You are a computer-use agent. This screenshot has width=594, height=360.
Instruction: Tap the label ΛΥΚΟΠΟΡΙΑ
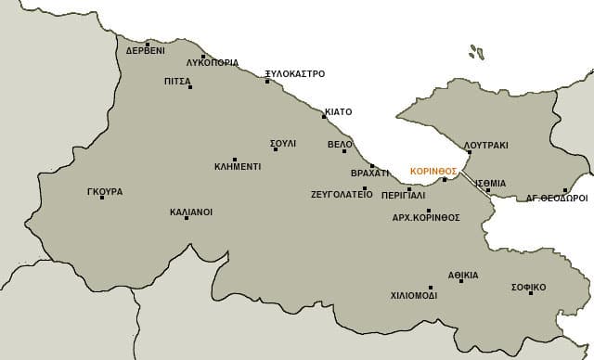point(213,63)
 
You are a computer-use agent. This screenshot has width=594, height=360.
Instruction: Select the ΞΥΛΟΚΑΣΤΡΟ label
point(294,73)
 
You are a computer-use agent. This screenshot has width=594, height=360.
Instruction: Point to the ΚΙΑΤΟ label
point(339,112)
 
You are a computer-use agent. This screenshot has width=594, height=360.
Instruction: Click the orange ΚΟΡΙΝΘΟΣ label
point(433,172)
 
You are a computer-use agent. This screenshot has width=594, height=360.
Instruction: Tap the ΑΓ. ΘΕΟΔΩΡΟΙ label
point(557,199)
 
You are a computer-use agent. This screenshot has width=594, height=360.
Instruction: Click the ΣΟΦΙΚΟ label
point(528,288)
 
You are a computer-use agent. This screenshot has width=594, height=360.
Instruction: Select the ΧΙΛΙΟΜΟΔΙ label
point(414,296)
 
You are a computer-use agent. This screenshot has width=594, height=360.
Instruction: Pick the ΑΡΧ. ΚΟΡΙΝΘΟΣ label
point(426,217)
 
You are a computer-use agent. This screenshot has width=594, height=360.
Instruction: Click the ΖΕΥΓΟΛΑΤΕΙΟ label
point(342,196)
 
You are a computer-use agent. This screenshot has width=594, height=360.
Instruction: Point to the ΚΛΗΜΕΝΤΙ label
point(237,167)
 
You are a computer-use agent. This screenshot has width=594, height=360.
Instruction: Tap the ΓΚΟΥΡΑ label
point(104,192)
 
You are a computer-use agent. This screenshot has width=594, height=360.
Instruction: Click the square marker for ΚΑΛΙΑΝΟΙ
point(187,218)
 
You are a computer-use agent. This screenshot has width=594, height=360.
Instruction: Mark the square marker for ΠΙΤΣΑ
point(189,87)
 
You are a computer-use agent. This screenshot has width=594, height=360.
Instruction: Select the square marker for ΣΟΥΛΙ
point(275,149)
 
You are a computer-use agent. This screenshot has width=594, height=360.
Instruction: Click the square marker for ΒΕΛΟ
point(344,151)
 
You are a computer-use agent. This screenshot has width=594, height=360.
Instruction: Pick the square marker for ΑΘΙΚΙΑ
point(461,281)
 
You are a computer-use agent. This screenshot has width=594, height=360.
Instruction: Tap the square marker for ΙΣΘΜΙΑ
point(488,190)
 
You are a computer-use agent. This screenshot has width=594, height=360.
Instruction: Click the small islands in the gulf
point(476,52)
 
